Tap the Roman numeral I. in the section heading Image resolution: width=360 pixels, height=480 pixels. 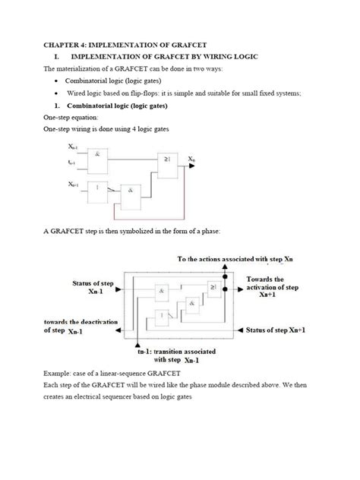point(59,56)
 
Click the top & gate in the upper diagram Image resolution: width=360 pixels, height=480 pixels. point(99,155)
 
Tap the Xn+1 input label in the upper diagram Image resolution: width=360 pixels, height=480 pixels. point(72,185)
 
